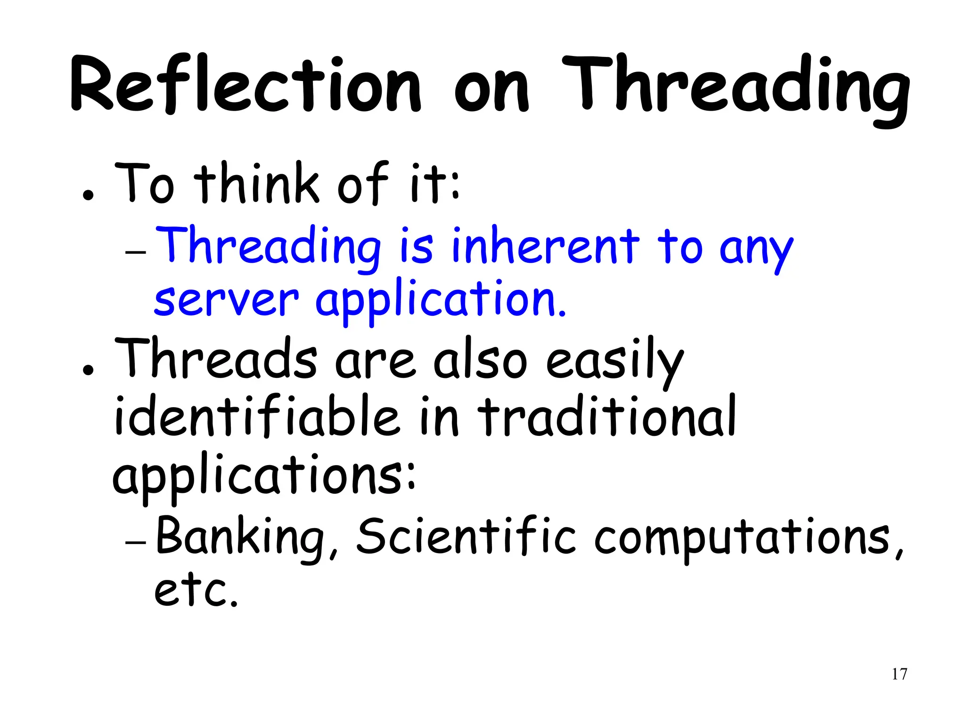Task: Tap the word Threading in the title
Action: pos(735,87)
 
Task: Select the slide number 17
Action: pos(899,674)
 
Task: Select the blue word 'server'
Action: pos(226,301)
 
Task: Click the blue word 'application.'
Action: pos(441,301)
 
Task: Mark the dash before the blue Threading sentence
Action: pos(136,252)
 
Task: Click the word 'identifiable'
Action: pos(257,417)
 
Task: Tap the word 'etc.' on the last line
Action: pos(196,591)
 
